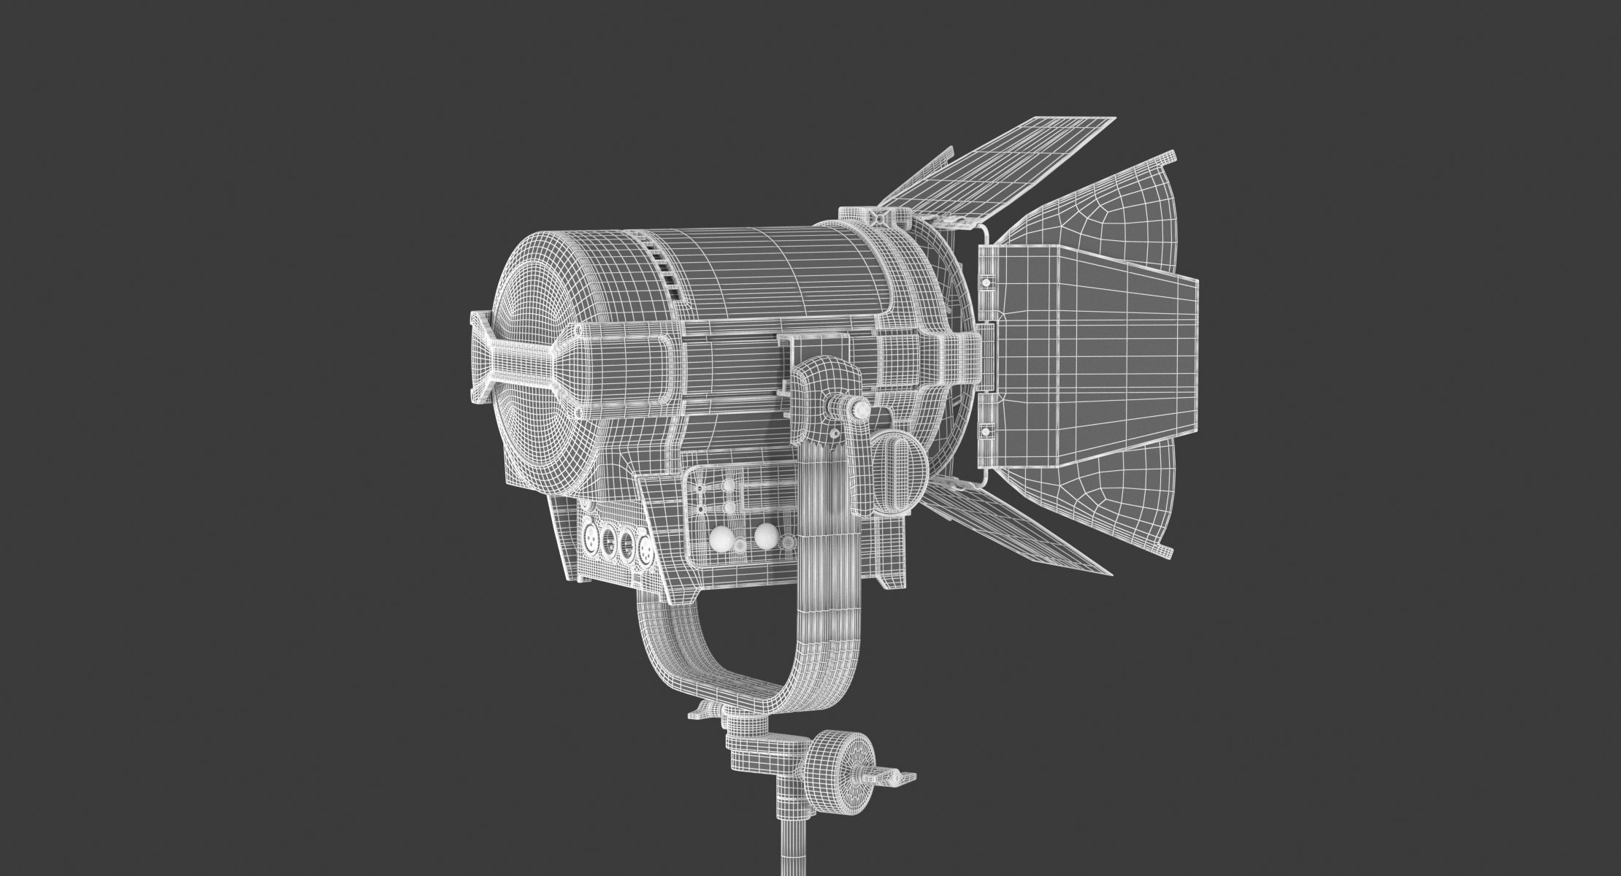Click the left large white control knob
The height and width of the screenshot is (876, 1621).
click(x=722, y=539)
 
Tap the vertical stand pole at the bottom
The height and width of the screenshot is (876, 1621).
click(x=792, y=847)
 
